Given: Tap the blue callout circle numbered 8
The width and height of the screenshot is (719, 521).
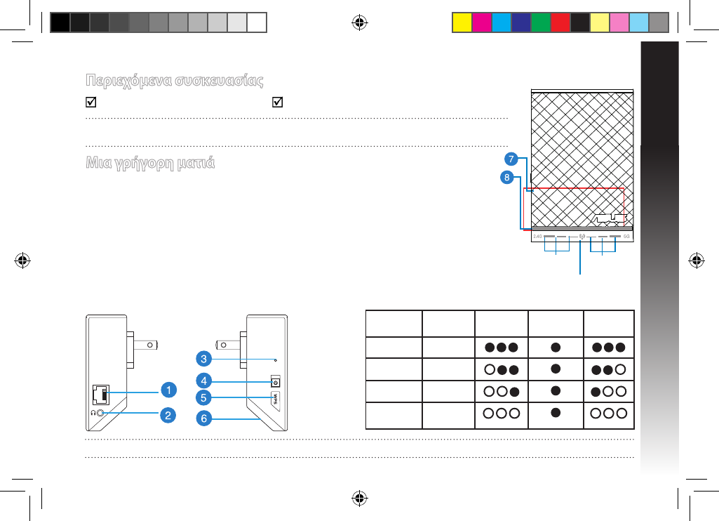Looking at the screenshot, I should coord(505,178).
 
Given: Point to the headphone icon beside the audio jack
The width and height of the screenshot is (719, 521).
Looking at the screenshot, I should coord(94,414).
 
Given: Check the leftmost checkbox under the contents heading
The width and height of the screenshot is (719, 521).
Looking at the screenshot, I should coord(89,103).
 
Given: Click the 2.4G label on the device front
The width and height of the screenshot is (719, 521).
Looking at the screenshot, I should coord(537,237).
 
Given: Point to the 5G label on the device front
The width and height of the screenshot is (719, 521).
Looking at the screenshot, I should coord(626,237).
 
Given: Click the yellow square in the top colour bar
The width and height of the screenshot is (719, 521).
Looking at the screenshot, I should coord(462,22).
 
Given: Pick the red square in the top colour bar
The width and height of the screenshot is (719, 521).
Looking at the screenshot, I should coord(560,22).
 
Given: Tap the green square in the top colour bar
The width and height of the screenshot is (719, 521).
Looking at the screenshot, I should coord(540,22).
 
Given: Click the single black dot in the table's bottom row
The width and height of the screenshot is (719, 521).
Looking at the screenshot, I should coord(556,413).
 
